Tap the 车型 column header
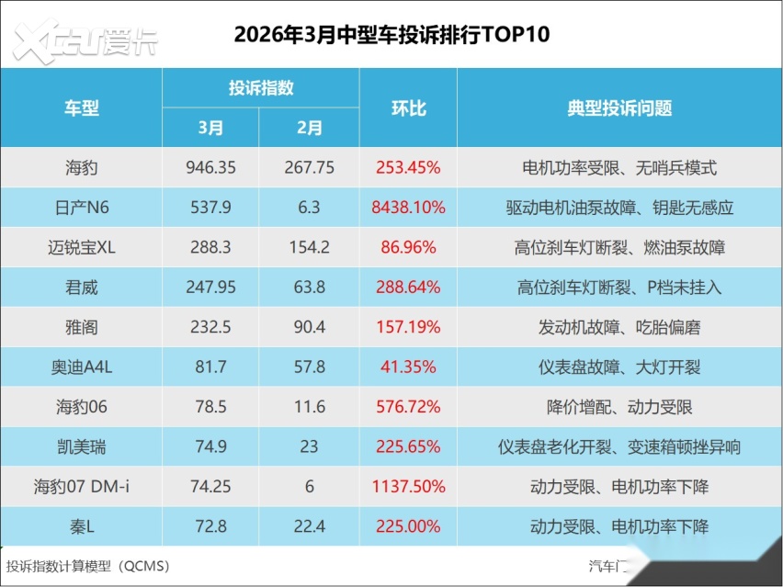(x=82, y=108)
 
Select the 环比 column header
(x=408, y=108)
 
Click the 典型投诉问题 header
(x=619, y=108)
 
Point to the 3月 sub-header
(x=210, y=129)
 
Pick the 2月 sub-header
(x=309, y=129)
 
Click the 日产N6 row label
(x=82, y=208)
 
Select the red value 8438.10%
(x=408, y=208)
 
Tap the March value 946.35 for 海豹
(x=210, y=168)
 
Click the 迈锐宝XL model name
(x=82, y=247)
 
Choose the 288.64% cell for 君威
(x=408, y=288)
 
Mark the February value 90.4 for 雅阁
(x=309, y=327)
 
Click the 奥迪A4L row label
(x=82, y=367)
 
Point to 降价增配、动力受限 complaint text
(x=619, y=407)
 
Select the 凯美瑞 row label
(x=82, y=447)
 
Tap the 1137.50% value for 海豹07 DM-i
(x=408, y=487)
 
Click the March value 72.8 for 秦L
(x=210, y=527)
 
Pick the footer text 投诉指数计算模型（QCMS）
(x=88, y=566)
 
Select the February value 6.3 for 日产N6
(x=309, y=208)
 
